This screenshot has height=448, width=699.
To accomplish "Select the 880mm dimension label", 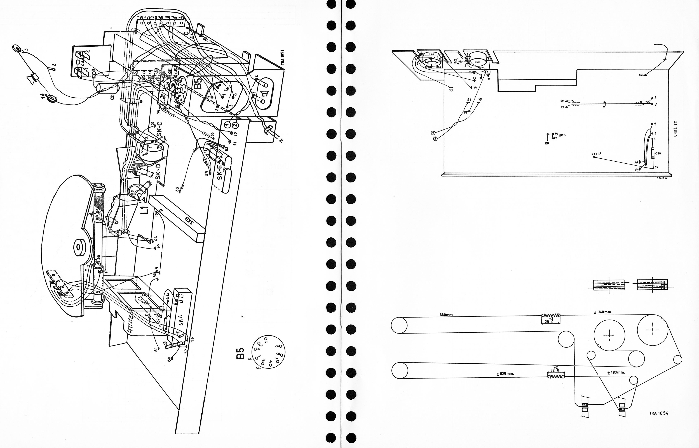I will coord(446,315).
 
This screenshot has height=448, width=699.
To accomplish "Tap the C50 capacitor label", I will coord(658,153).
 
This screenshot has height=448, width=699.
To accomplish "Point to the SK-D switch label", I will coord(158,172).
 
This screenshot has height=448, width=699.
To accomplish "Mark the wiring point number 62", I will coord(641,75).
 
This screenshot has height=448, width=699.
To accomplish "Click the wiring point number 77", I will coord(451,90).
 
